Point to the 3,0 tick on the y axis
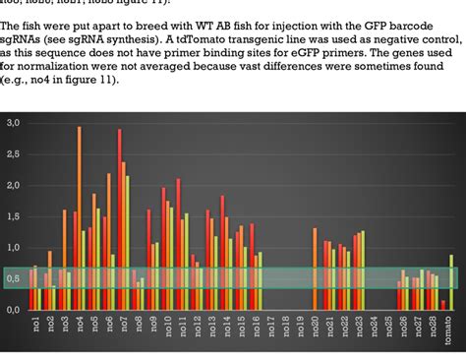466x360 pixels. (14, 123)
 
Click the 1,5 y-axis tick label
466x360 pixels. (14, 216)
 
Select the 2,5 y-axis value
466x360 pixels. (14, 154)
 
